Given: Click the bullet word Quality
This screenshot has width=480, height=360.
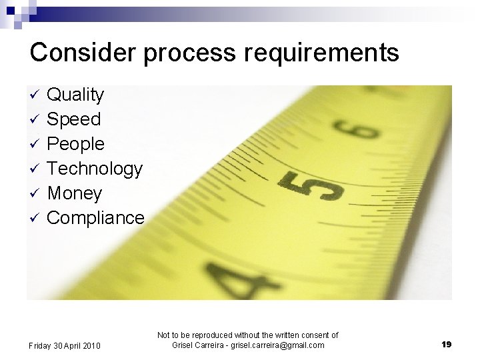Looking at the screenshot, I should click(x=75, y=95).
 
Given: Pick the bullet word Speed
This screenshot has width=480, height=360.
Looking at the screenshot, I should click(x=73, y=120).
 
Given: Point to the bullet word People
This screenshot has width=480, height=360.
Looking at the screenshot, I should click(x=75, y=144).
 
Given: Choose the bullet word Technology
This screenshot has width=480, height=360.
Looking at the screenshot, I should click(x=95, y=169).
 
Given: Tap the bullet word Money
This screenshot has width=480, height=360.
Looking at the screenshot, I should click(x=75, y=193).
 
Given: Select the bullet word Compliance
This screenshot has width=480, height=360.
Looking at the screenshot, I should click(x=95, y=217).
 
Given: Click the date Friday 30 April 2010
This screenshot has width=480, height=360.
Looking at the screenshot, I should click(x=65, y=345).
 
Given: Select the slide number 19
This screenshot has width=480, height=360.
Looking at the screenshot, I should click(x=446, y=344).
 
